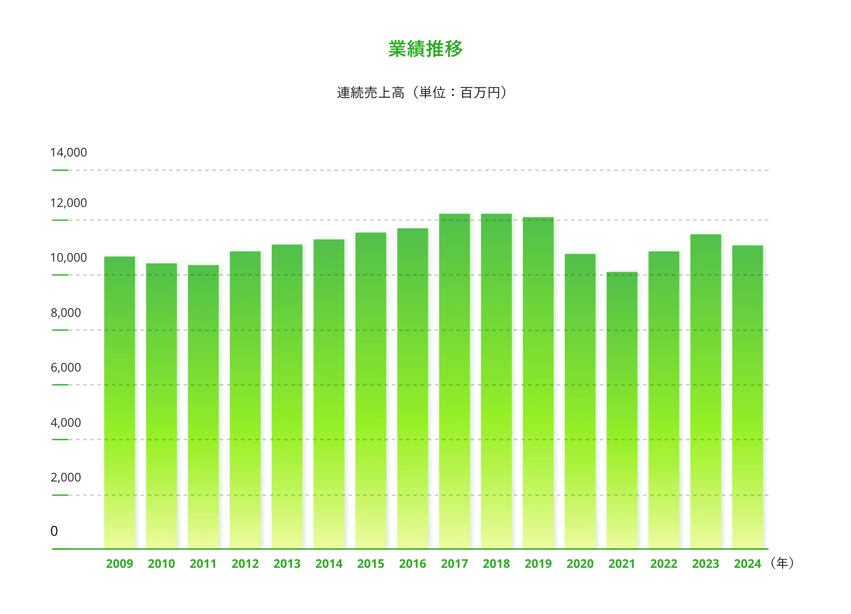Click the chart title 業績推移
pos(425,49)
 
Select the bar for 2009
pos(120,402)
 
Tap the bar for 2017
pos(455,381)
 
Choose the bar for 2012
pos(245,399)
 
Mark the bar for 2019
pos(538,382)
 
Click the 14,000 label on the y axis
pos(68,153)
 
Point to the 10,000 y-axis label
pos(68,258)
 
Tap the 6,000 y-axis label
pos(66,368)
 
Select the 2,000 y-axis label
pos(66,478)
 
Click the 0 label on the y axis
pos(54,531)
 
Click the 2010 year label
pos(161,564)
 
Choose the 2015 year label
pos(371,564)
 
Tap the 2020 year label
pos(580,564)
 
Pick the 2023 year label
pos(706,564)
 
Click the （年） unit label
pos(782,563)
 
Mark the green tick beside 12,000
pos(60,220)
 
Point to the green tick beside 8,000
pos(60,330)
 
